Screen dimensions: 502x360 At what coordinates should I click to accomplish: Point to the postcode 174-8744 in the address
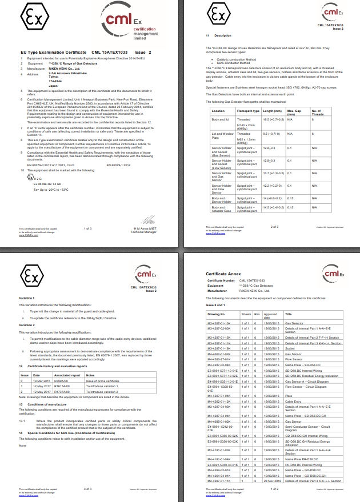coord(55,81)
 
